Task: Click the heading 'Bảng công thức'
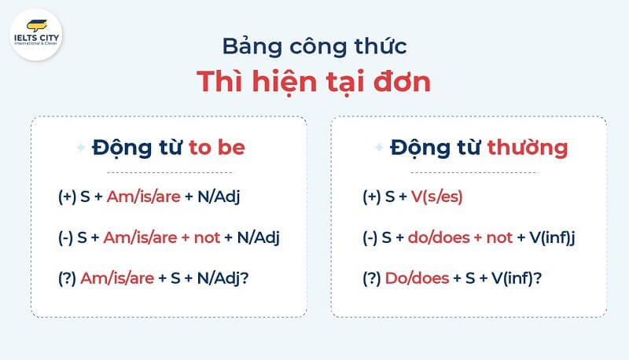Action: (314, 46)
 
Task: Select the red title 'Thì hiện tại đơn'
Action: (314, 82)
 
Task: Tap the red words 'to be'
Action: (217, 148)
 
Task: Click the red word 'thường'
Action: (526, 148)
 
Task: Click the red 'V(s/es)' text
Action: (437, 197)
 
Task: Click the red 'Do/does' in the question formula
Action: (416, 279)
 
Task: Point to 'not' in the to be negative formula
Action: (207, 238)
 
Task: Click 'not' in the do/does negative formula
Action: (498, 238)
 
